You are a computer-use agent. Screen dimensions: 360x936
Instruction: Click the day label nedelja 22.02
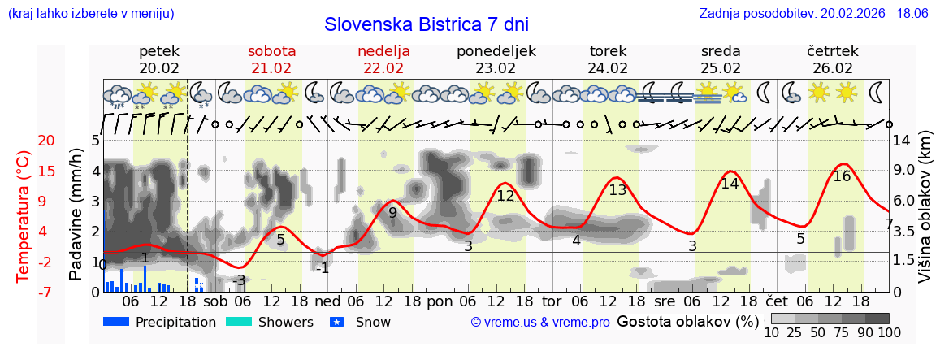(383, 59)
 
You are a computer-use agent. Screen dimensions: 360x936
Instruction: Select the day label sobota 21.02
(271, 59)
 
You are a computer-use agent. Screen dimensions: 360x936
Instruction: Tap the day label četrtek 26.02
(833, 59)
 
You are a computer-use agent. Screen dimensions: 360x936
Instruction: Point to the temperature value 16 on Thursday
(842, 176)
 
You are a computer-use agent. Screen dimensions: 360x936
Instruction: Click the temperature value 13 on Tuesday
(617, 190)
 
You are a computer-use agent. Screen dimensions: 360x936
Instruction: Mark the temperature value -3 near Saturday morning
(238, 280)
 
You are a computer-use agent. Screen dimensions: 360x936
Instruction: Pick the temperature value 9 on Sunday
(392, 213)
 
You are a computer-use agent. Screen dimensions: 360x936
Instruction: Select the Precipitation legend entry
(159, 322)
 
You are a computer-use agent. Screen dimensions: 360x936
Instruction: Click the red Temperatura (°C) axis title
(24, 215)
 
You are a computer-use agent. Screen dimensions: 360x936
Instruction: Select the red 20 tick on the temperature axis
(24, 141)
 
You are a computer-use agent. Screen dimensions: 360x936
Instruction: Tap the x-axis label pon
(440, 300)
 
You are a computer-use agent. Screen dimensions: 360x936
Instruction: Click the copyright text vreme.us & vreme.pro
(540, 323)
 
